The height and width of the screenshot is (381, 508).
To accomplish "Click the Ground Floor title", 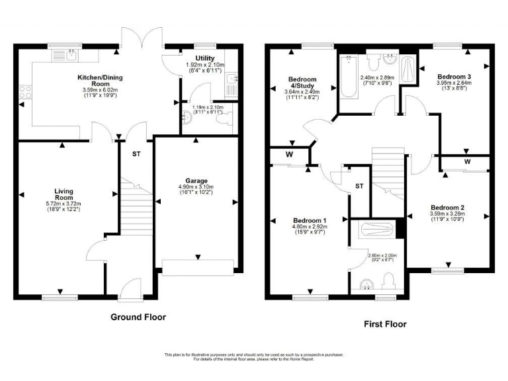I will click(138, 317).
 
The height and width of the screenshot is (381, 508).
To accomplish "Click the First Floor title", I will click(385, 324).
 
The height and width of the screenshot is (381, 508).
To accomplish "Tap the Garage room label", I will click(196, 181).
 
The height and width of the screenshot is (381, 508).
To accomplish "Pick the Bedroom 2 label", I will click(448, 206).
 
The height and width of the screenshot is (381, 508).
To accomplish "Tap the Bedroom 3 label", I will click(454, 77).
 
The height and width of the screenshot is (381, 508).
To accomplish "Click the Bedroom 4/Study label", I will click(303, 84).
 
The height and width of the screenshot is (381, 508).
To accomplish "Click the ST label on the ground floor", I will click(136, 153).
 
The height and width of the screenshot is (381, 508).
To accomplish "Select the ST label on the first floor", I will click(359, 187).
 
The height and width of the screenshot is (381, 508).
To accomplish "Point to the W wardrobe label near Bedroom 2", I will click(467, 161).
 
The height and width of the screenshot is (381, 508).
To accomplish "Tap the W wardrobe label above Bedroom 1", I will click(289, 155).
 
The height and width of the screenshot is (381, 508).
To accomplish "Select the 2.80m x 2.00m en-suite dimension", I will click(382, 255).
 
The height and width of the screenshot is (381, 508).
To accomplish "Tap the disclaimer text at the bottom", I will click(254, 357).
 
